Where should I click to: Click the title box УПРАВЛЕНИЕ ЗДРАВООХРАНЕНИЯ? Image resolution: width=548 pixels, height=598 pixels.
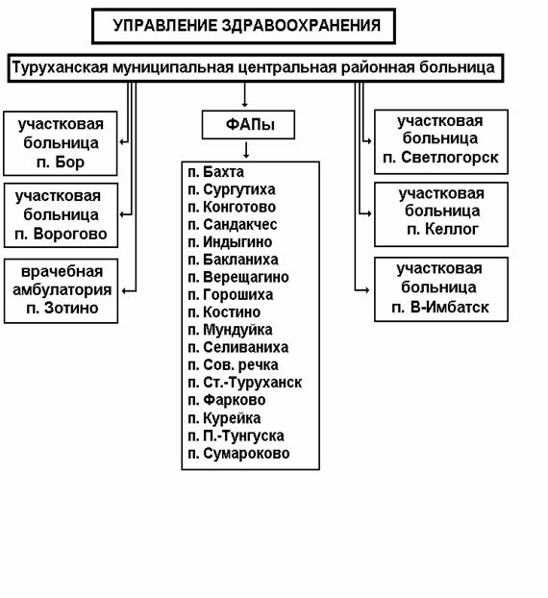tap(243, 26)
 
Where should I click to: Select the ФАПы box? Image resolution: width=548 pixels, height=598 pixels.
tap(248, 125)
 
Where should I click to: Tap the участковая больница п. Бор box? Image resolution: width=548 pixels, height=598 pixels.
tap(61, 143)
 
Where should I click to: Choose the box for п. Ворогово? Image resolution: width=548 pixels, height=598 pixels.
tap(61, 215)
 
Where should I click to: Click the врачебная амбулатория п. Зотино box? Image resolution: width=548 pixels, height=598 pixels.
tap(61, 290)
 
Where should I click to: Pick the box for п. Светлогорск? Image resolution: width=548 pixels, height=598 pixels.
tap(441, 142)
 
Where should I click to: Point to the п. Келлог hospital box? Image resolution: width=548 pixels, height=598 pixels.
tap(441, 214)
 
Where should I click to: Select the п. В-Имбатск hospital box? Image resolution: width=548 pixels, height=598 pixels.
tap(441, 289)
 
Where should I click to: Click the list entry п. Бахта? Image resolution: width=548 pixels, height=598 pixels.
tap(216, 172)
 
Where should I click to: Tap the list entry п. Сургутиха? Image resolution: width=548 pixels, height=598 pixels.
tap(232, 189)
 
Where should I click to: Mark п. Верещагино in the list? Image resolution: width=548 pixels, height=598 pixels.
tap(238, 277)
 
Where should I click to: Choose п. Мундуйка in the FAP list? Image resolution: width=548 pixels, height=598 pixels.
tap(230, 330)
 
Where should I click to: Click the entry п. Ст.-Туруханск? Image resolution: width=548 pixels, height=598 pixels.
tap(245, 383)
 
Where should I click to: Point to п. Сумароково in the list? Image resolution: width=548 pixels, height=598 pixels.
tap(238, 454)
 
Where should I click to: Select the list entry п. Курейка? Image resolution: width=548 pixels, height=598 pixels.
tap(224, 418)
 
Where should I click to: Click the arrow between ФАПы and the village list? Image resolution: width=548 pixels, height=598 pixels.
tap(246, 150)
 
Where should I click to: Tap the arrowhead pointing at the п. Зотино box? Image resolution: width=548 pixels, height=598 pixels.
tap(124, 291)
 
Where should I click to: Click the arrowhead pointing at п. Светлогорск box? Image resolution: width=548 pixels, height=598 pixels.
tap(369, 141)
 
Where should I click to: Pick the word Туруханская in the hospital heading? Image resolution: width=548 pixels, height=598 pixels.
tap(60, 68)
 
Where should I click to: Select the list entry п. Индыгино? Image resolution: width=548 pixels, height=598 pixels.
tap(230, 242)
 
